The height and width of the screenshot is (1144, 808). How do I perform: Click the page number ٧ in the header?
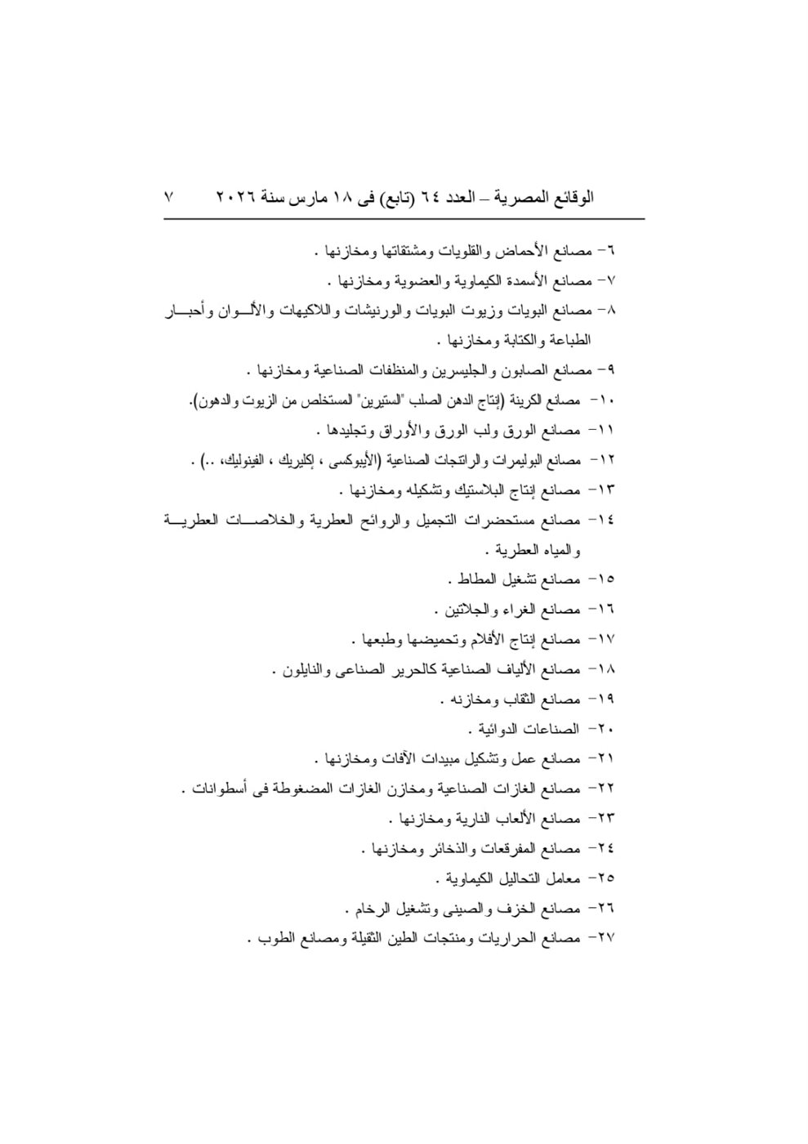[169, 198]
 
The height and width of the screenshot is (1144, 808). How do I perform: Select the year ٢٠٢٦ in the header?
[234, 198]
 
